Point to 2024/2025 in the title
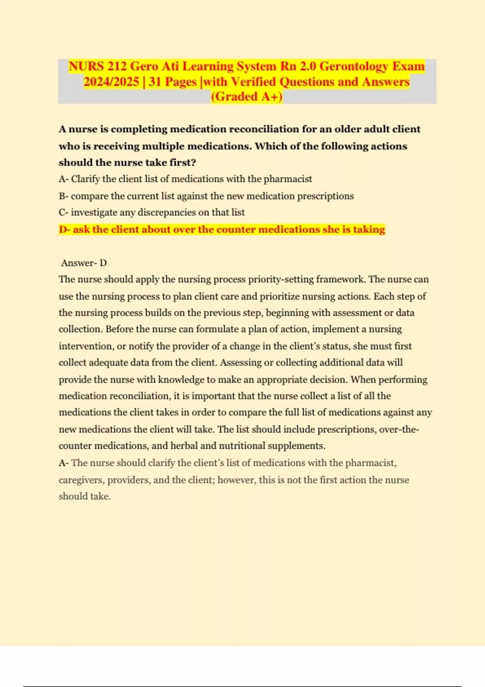click(111, 82)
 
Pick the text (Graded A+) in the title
click(247, 97)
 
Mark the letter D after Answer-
click(103, 263)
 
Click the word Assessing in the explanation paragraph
click(241, 362)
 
